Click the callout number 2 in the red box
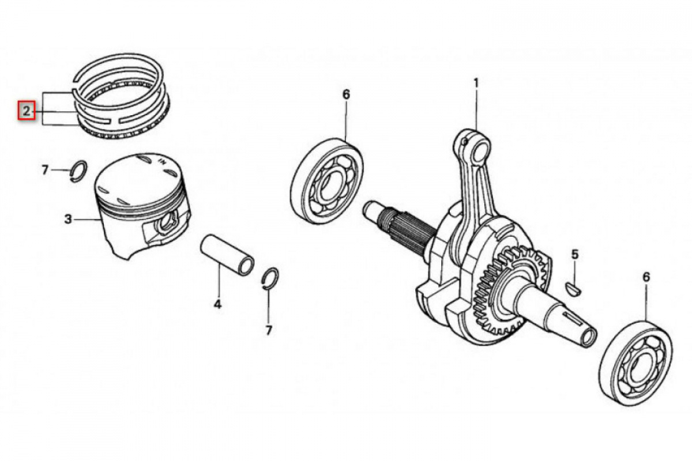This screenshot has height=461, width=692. tap(27, 111)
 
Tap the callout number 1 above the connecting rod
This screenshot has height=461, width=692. tap(476, 83)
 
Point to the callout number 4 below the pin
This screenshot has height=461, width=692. tap(217, 304)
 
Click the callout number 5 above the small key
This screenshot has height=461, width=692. tap(574, 255)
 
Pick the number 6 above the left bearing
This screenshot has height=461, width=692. tap(347, 94)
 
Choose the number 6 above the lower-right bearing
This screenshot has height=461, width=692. tap(646, 277)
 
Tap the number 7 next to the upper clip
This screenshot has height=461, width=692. tap(45, 169)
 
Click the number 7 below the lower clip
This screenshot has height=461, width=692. tap(269, 330)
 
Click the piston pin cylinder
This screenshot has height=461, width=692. tap(227, 255)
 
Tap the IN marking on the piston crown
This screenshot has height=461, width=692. tap(162, 161)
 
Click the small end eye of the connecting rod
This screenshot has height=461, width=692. tap(472, 146)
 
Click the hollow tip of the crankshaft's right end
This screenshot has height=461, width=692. tap(589, 337)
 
